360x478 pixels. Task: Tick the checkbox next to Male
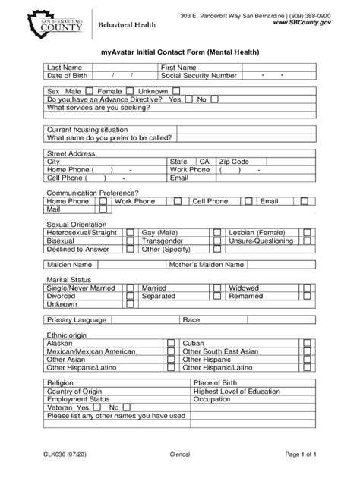(90, 90)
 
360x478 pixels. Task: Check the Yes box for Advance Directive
(188, 99)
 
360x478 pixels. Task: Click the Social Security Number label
(199, 76)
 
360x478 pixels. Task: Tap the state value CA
(204, 162)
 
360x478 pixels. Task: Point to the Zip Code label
(233, 162)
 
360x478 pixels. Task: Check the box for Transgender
(216, 241)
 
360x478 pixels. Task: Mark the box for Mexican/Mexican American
(175, 351)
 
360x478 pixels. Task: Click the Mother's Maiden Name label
(206, 265)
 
